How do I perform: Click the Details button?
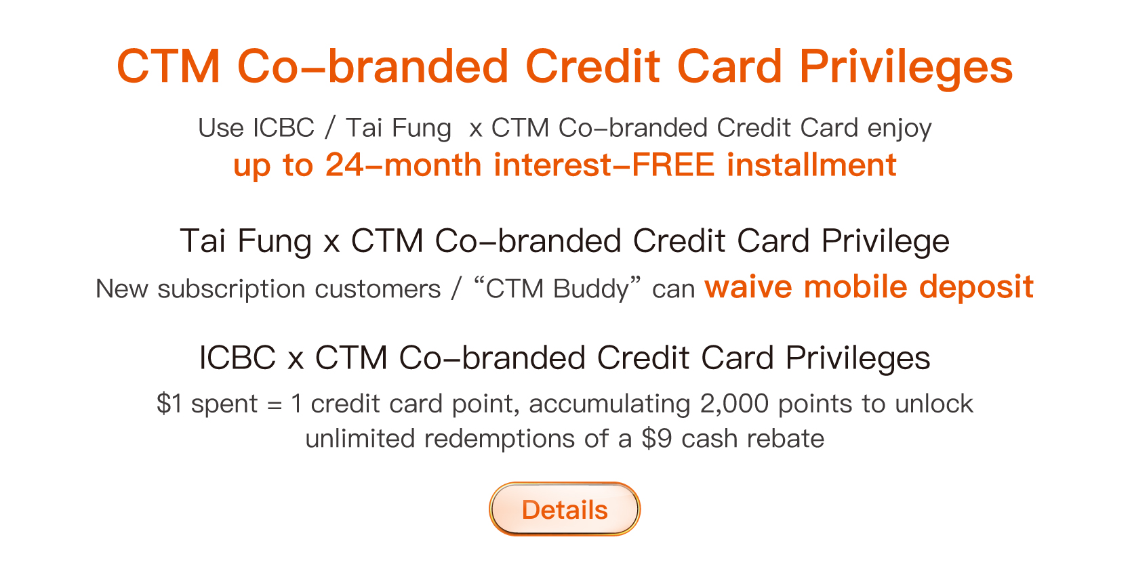565,509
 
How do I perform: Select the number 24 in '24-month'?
344,165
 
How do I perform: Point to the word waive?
748,286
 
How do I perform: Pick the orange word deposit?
976,286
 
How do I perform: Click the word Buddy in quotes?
591,289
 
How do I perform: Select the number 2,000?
734,403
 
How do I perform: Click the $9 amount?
657,438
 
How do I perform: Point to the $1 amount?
169,403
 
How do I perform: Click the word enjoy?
900,128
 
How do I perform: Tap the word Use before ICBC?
221,127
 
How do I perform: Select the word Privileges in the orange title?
906,66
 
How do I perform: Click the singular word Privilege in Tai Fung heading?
885,241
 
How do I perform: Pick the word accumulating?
609,404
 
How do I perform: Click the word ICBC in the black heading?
238,358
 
